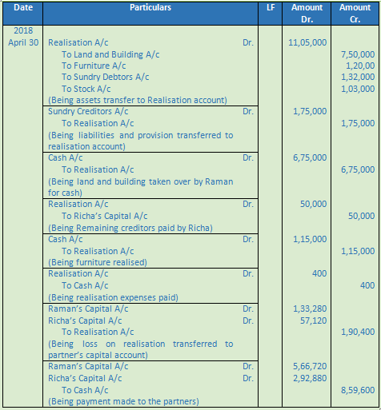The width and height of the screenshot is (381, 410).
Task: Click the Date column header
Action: (x=23, y=7)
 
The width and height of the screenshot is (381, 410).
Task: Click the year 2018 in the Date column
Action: (x=24, y=31)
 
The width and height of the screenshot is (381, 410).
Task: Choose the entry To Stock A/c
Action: (x=89, y=89)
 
